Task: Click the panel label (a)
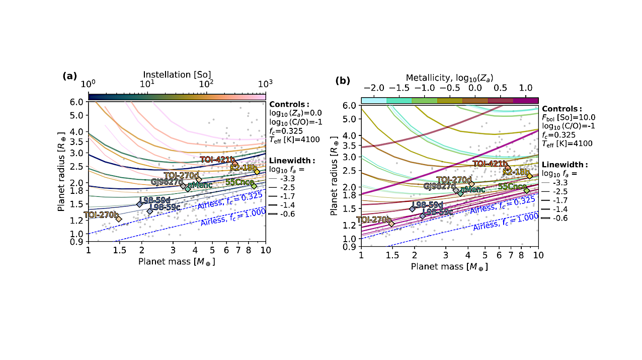click(x=69, y=76)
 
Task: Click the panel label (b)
click(x=343, y=80)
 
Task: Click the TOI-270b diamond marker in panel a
click(x=119, y=219)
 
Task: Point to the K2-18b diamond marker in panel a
click(x=257, y=172)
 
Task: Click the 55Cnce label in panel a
click(x=239, y=182)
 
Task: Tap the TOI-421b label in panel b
click(x=489, y=164)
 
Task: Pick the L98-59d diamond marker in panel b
click(x=413, y=208)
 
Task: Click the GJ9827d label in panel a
click(x=167, y=181)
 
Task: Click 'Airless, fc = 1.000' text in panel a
click(x=232, y=215)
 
